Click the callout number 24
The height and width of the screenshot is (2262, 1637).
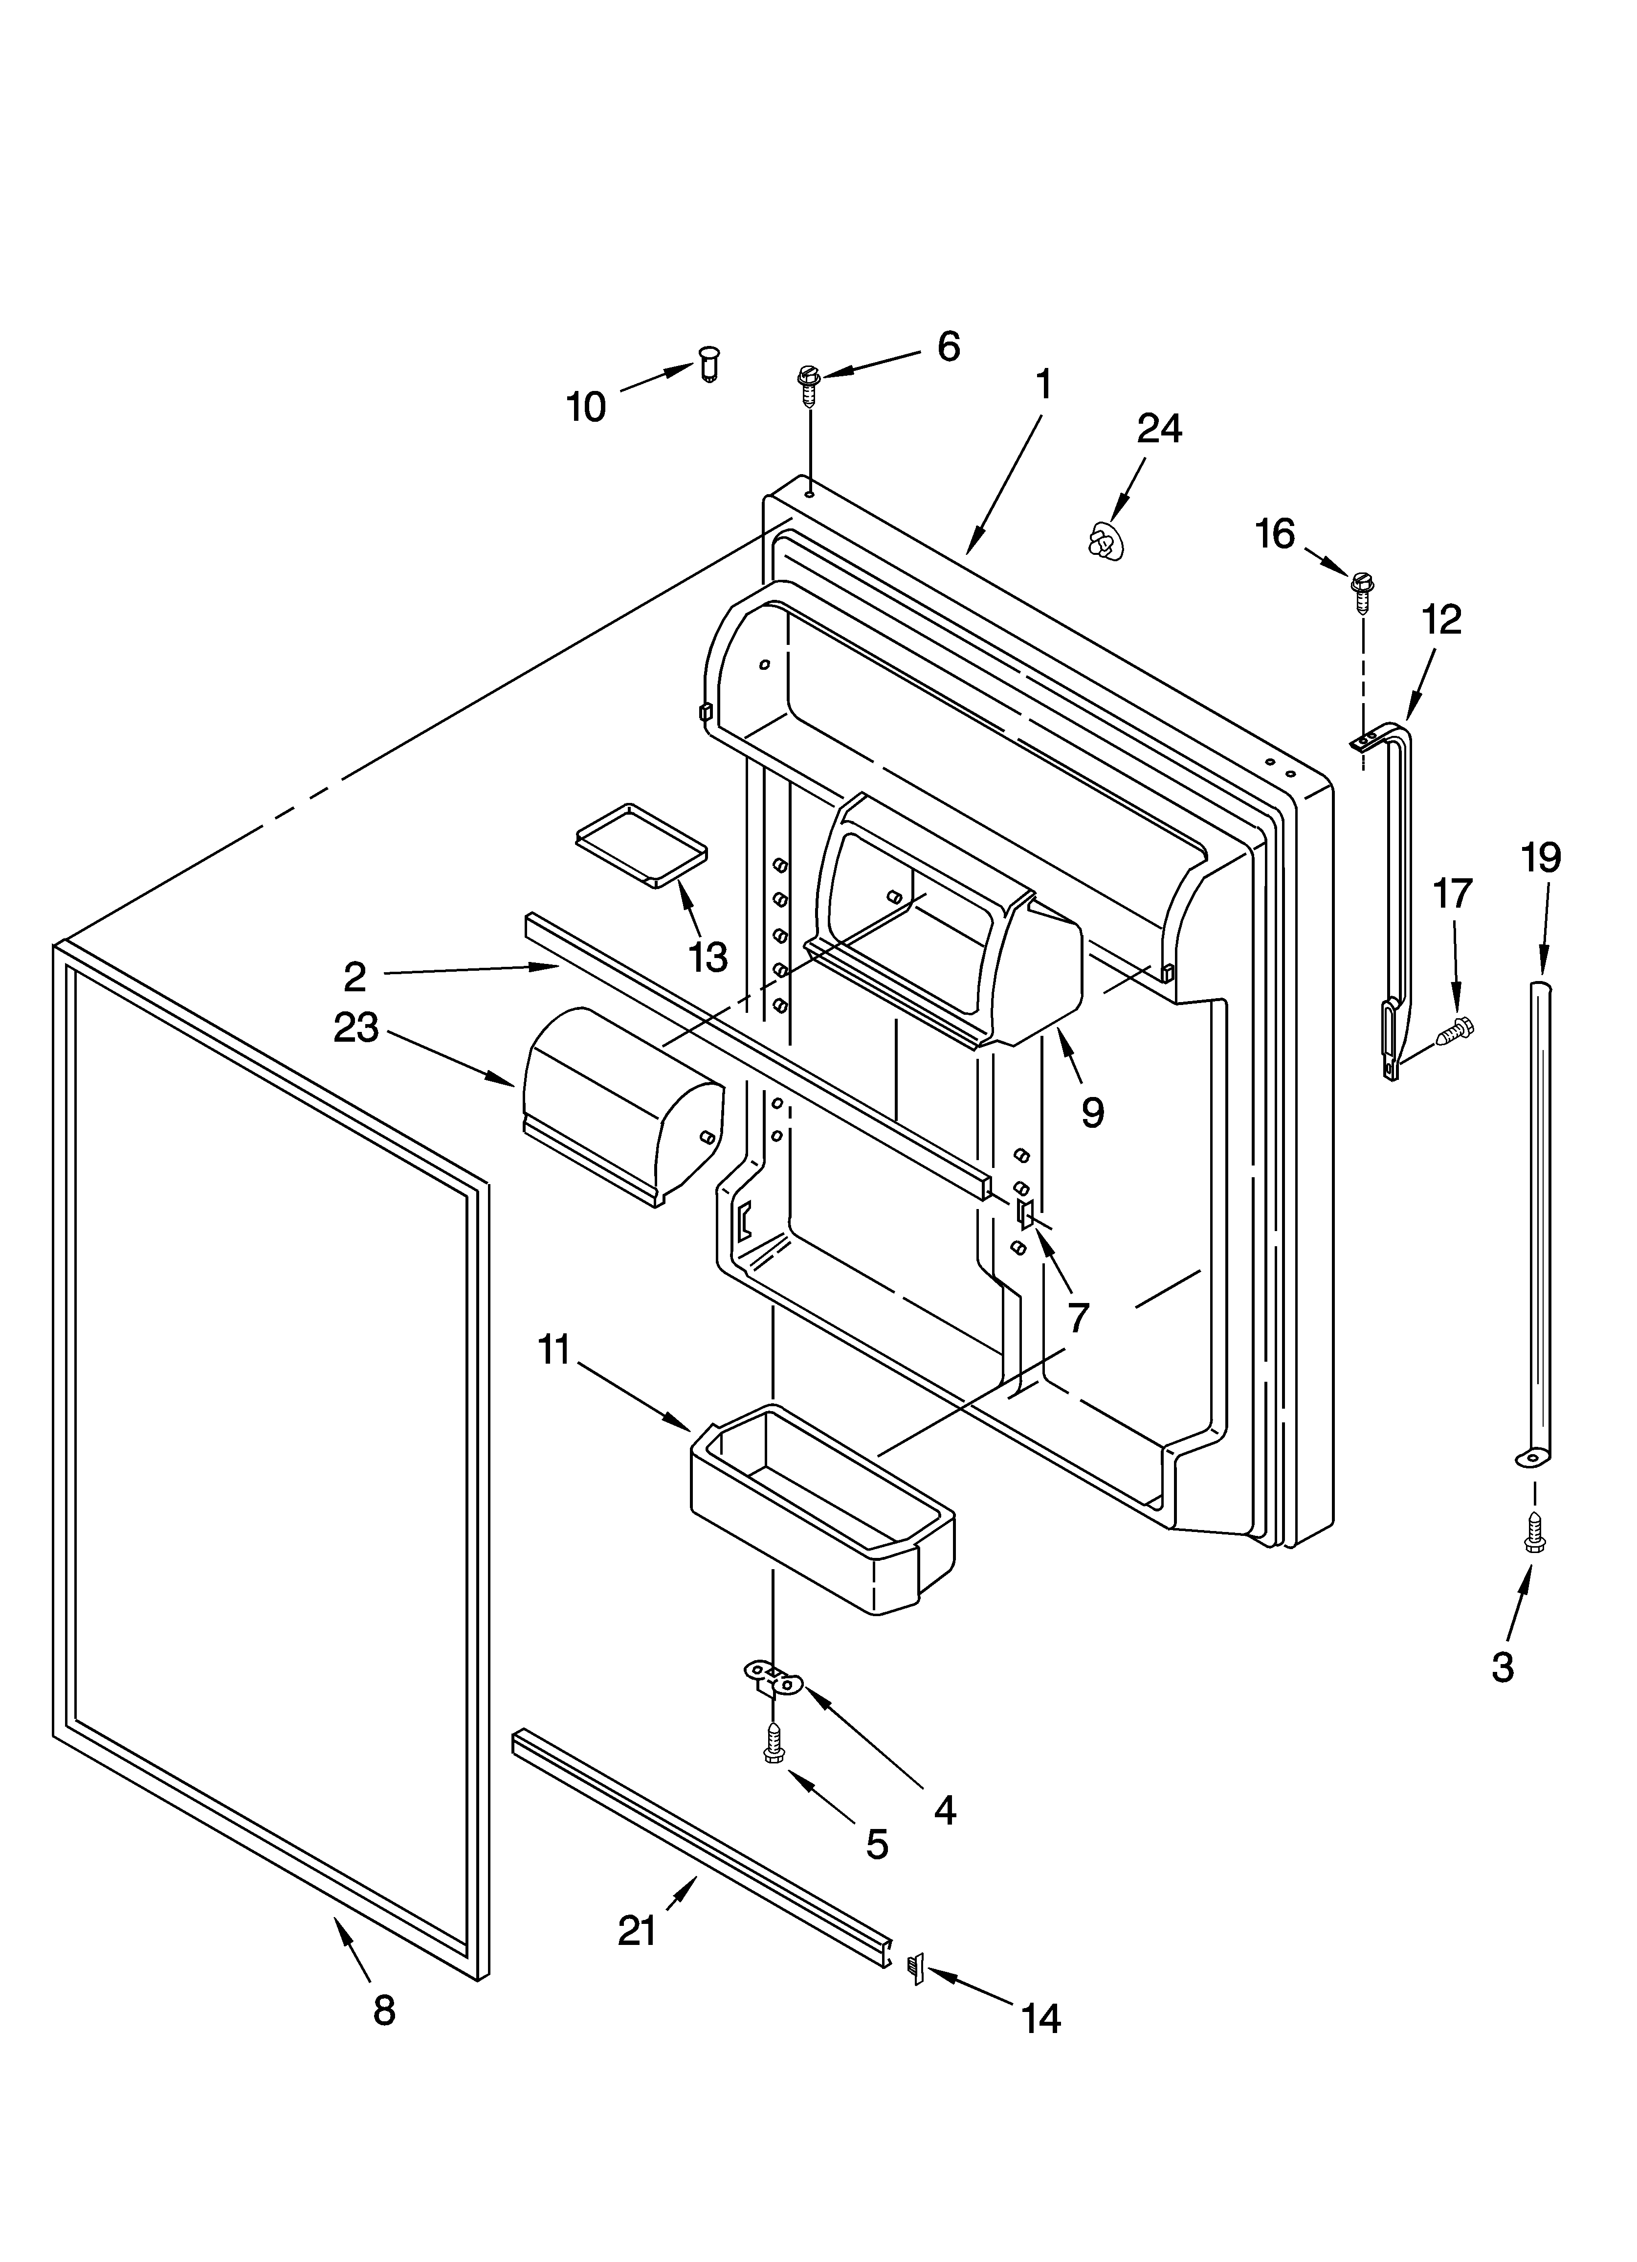tap(1159, 429)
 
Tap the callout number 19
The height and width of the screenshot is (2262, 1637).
tap(1540, 858)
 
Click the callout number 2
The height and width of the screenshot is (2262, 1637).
tap(355, 977)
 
